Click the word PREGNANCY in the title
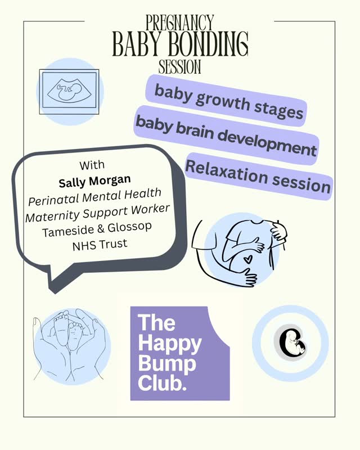coord(180,23)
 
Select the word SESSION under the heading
coord(180,67)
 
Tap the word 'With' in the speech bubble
coord(92,166)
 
